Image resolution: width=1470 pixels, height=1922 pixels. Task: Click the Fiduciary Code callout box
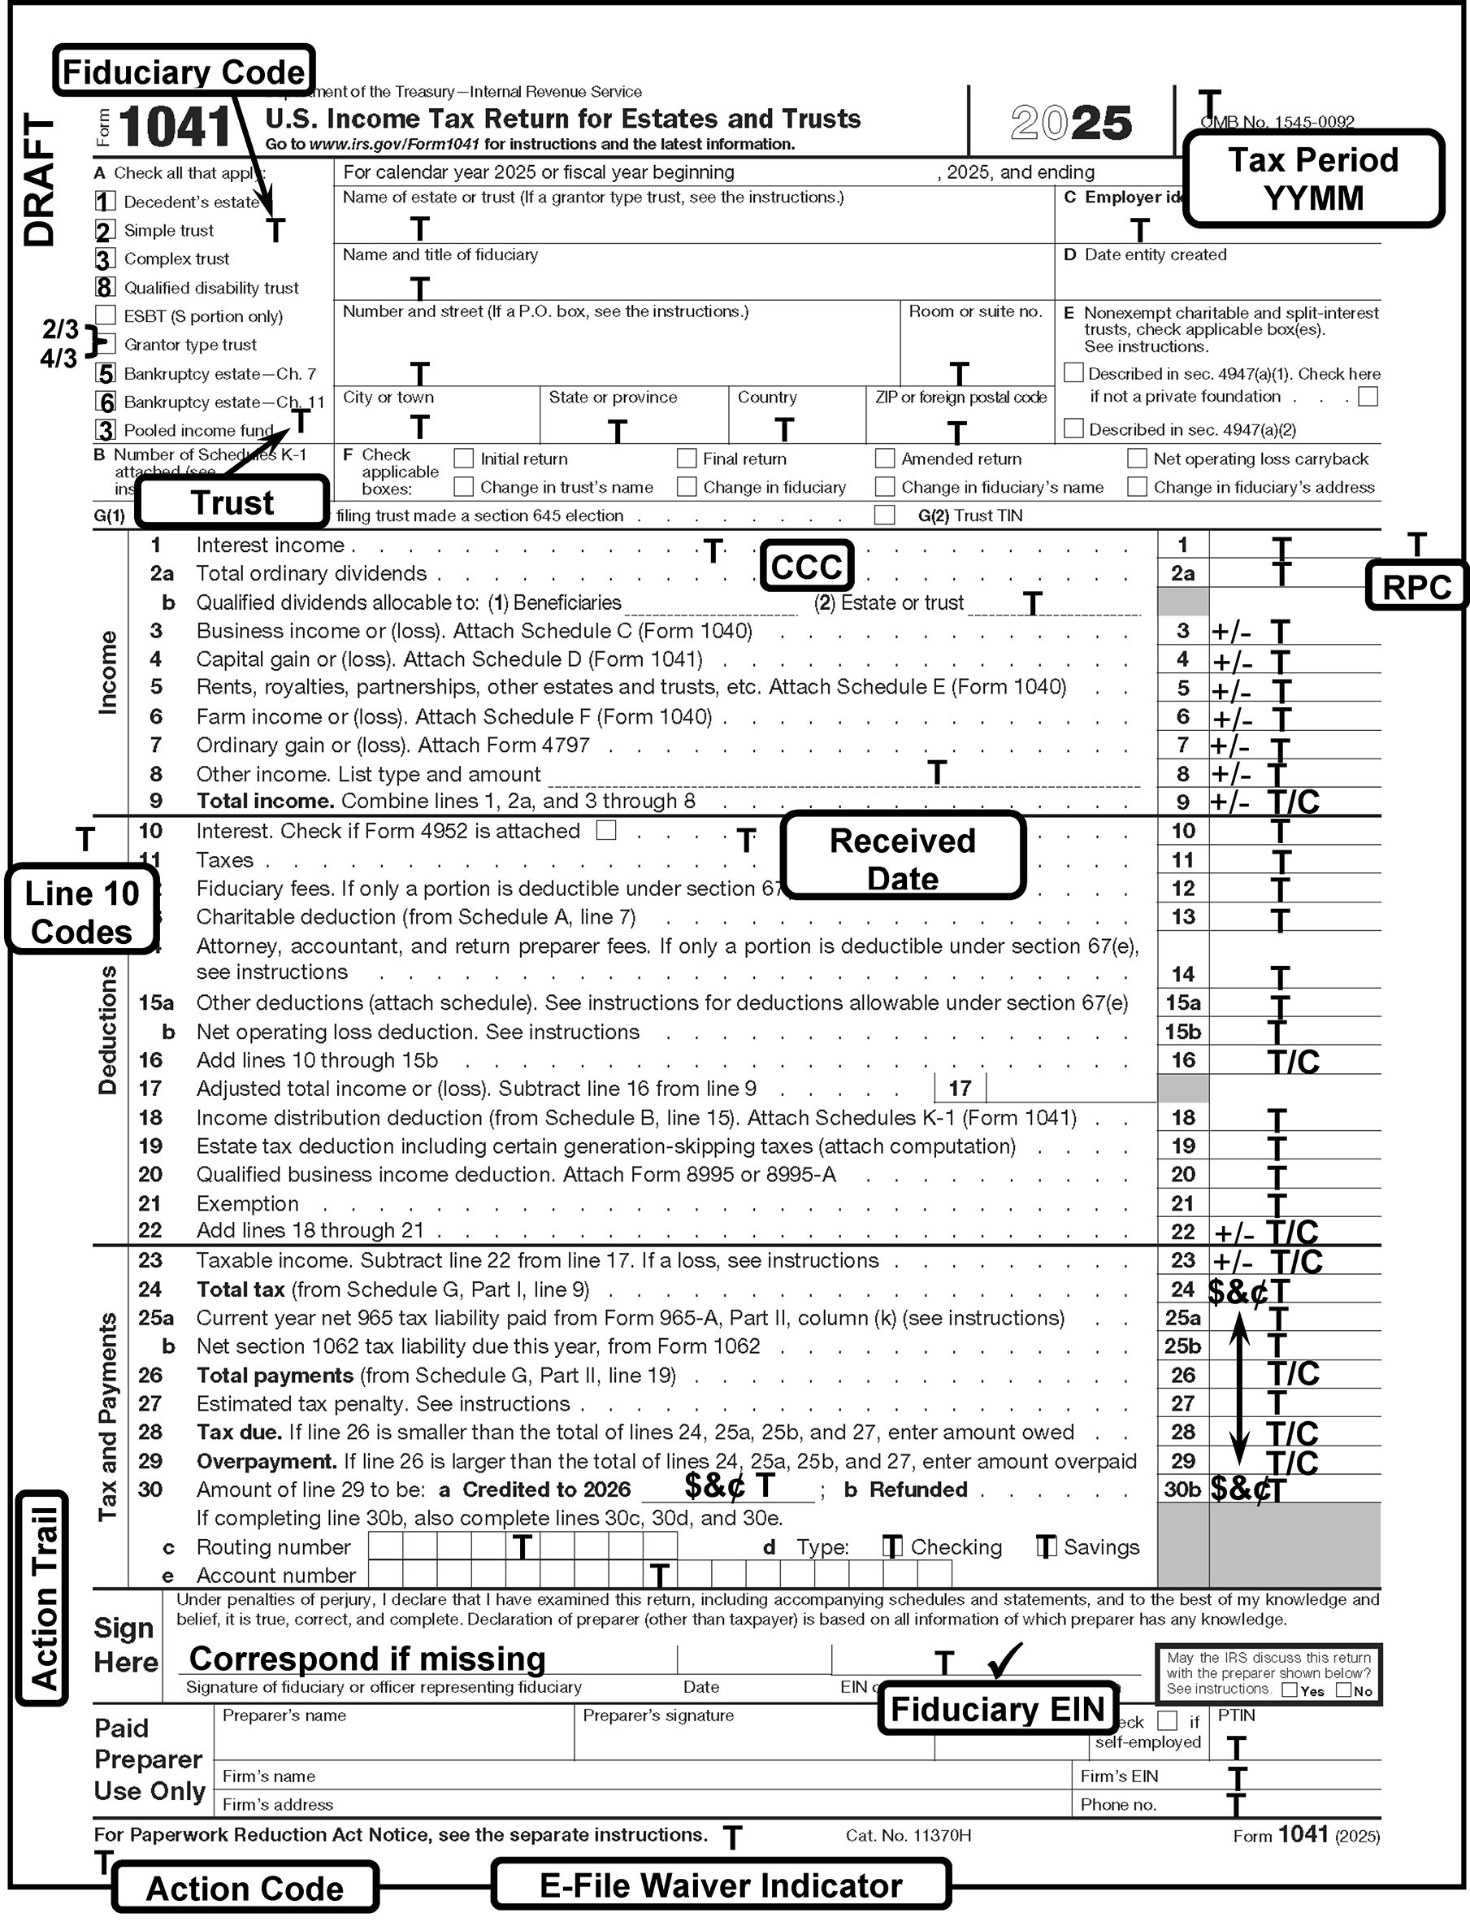pos(184,71)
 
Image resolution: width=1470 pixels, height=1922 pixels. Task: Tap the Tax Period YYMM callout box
pos(1312,179)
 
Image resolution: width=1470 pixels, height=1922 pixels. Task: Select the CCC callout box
pos(806,566)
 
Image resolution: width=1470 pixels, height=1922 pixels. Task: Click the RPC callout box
pos(1416,586)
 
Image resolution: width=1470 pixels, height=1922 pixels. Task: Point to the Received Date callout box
pos(902,858)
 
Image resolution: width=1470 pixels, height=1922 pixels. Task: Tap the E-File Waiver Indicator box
pos(720,1885)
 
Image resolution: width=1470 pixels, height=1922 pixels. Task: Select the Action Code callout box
pos(245,1888)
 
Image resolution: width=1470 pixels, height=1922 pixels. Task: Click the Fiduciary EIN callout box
pos(998,1707)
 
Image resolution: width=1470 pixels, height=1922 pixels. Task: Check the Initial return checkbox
pos(464,458)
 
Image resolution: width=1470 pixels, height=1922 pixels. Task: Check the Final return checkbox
pos(687,458)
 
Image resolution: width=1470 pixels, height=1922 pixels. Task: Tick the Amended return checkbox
pos(885,458)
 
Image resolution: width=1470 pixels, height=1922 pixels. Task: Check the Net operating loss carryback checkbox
pos(1137,458)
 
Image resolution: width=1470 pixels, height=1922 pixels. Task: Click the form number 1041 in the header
pos(175,127)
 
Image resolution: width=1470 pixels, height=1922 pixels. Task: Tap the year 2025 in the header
pos(1071,123)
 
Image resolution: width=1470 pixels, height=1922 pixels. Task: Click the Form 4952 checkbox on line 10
pos(605,830)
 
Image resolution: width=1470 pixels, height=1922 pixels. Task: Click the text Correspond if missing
pos(367,1658)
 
